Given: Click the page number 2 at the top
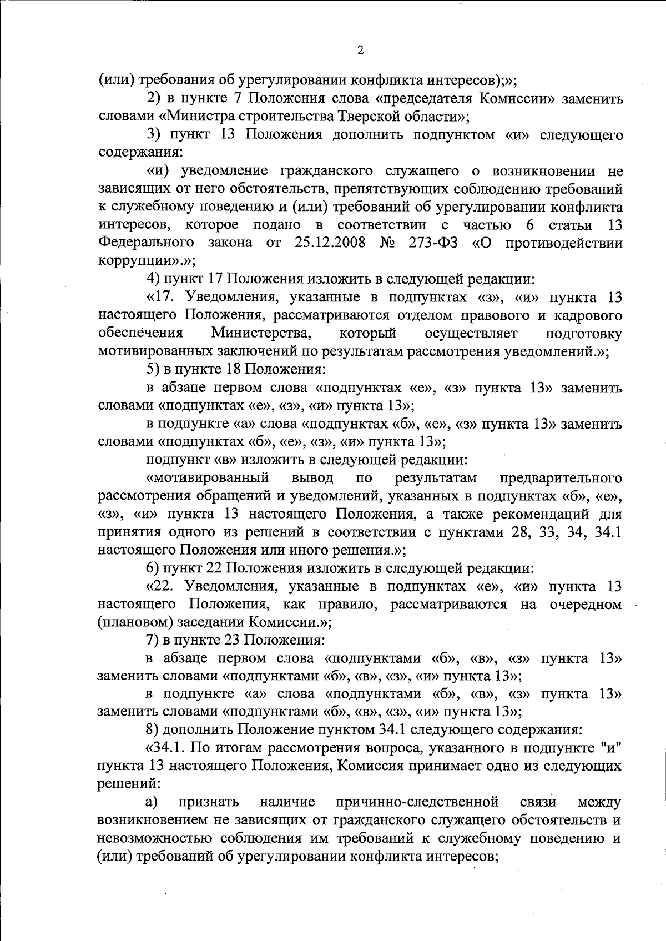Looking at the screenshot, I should [360, 51].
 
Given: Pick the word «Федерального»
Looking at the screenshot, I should [146, 243].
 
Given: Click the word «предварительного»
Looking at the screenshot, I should [561, 477].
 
